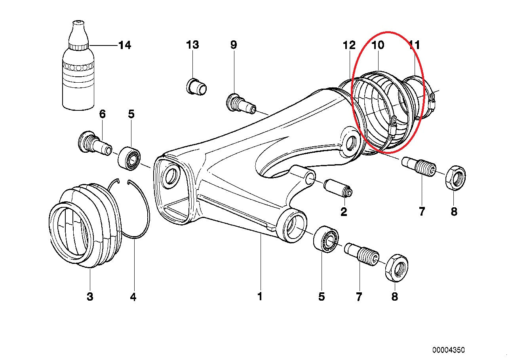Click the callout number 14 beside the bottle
[124, 45]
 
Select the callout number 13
[192, 45]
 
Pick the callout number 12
[349, 45]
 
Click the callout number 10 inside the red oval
[378, 45]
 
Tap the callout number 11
[414, 45]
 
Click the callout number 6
[102, 114]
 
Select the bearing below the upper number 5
[129, 157]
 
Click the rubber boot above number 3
[84, 225]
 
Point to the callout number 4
[133, 297]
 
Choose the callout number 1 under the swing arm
[260, 296]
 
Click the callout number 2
[343, 212]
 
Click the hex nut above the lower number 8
[396, 268]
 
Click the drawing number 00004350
[449, 350]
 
